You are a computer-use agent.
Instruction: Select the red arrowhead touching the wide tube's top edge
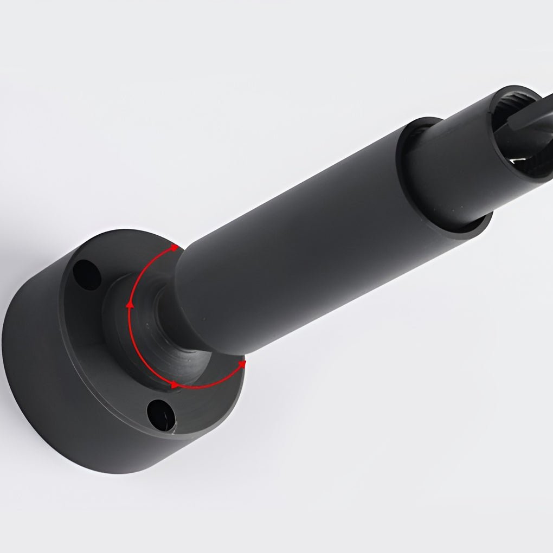point(173,248)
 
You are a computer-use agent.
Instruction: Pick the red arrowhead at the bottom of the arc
point(173,384)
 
